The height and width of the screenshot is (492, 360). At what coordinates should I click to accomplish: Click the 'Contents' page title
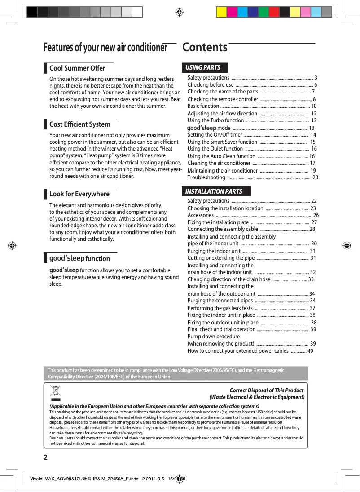(x=205, y=47)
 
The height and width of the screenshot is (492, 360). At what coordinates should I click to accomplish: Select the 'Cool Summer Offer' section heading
(x=77, y=68)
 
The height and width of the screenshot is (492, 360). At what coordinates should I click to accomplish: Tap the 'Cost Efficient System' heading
(x=79, y=124)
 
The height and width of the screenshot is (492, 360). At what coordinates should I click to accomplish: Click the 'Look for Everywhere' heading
(x=79, y=194)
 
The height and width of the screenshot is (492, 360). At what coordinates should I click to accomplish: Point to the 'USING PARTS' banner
(x=203, y=67)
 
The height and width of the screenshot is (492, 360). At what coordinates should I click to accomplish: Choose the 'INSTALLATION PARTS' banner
(x=214, y=191)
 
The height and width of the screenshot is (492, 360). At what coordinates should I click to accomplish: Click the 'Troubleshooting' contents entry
(x=206, y=177)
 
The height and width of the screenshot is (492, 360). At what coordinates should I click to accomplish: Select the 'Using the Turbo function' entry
(x=215, y=120)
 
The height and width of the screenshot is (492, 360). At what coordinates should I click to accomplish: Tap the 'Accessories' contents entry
(x=200, y=215)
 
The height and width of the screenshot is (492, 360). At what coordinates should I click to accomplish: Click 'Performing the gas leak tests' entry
(x=220, y=308)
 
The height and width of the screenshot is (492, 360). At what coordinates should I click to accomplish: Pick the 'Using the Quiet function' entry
(x=215, y=149)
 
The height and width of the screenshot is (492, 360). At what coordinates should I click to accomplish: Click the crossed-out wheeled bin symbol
(x=56, y=392)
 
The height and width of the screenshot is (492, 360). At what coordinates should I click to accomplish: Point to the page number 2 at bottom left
(x=46, y=457)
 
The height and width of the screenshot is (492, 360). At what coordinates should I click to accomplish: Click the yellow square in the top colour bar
(x=221, y=12)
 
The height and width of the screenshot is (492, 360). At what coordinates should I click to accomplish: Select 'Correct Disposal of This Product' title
(x=266, y=390)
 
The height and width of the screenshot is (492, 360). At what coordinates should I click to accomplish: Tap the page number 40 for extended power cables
(x=310, y=350)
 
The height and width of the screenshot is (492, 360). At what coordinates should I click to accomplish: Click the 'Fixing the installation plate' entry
(x=218, y=222)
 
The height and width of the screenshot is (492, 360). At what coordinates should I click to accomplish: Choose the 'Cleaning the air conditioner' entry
(x=219, y=163)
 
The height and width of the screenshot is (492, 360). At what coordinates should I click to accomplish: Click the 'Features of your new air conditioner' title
(x=105, y=48)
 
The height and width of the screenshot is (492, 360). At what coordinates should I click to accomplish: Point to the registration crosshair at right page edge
(x=346, y=246)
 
